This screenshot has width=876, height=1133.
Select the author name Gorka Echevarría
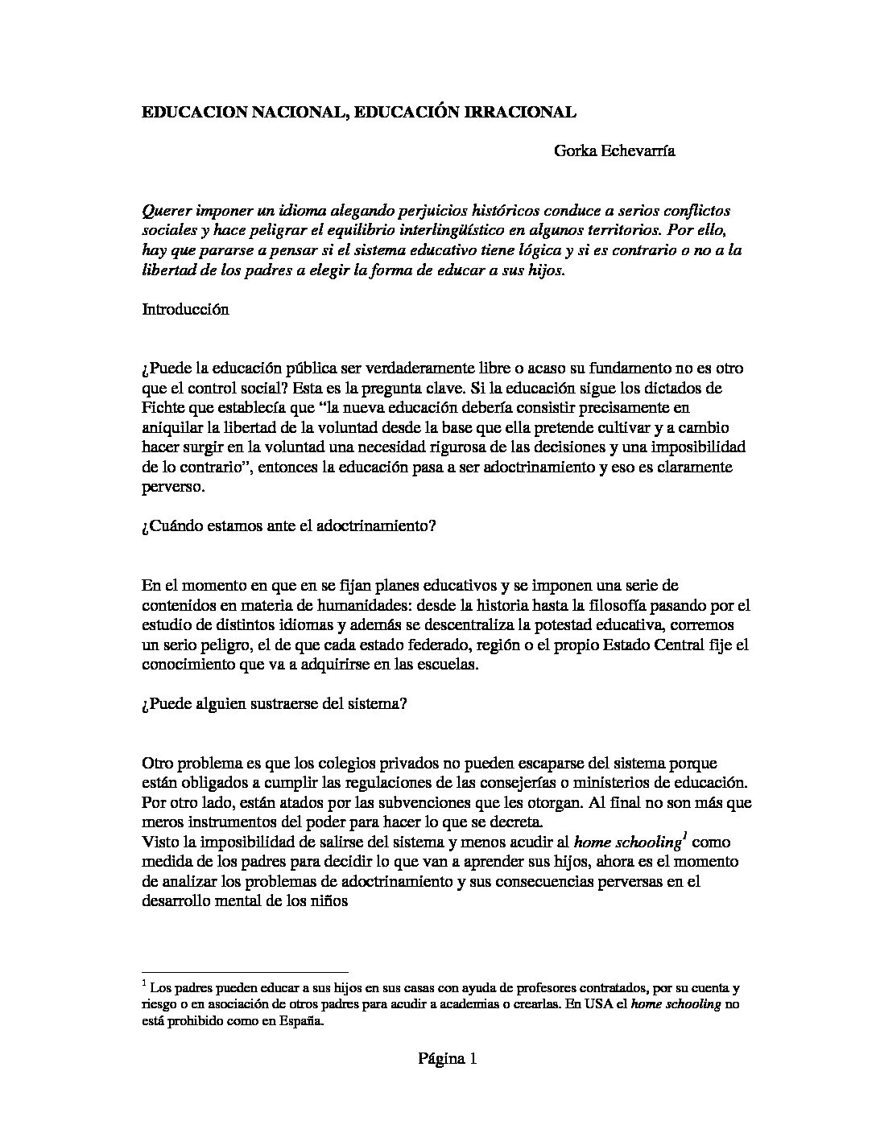tap(614, 150)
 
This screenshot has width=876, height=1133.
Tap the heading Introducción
tap(185, 309)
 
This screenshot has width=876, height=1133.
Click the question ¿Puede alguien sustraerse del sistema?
tap(274, 702)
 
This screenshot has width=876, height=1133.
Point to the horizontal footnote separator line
tap(245, 971)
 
